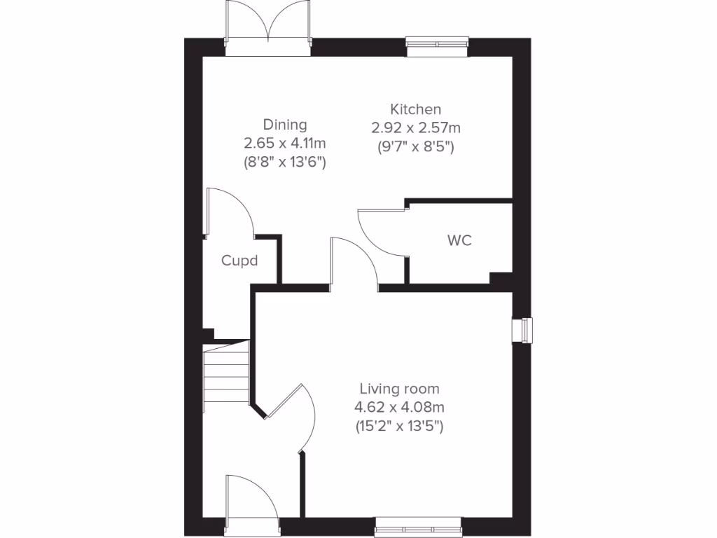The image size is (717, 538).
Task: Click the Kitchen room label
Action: point(416,109)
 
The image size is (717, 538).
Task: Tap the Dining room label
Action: point(285,125)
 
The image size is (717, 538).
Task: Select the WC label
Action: point(459,240)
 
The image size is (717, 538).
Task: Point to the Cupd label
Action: point(239,261)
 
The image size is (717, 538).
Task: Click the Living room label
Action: point(400,389)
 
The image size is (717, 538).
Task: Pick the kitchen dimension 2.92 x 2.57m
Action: point(416,128)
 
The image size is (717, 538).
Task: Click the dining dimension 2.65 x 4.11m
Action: point(285,144)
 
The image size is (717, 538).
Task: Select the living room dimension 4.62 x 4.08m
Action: point(400,407)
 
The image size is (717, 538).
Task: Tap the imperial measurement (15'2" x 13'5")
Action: point(400,425)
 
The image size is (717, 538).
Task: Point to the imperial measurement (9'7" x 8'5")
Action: point(416,147)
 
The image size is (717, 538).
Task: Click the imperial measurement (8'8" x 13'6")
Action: point(285,162)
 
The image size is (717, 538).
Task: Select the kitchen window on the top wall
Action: point(435,46)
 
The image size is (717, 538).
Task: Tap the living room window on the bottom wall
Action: point(418,527)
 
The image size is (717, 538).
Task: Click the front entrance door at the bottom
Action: point(252,501)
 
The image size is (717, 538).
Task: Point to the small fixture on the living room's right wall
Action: point(522,330)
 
